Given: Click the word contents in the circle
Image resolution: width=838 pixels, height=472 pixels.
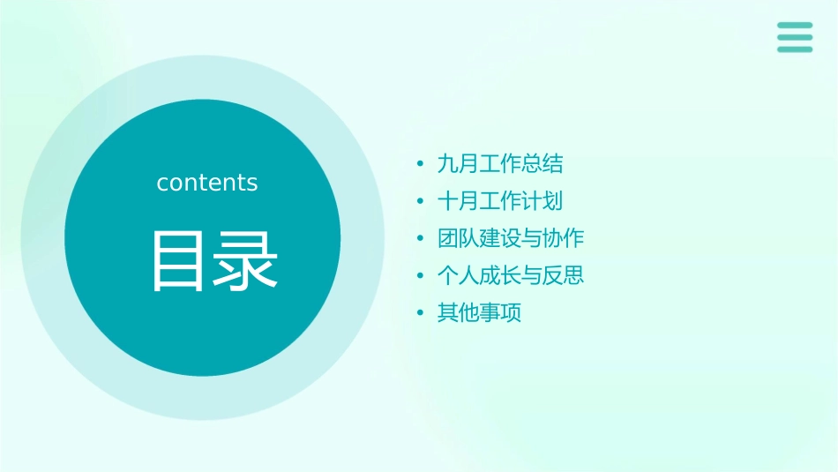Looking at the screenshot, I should click(x=207, y=183).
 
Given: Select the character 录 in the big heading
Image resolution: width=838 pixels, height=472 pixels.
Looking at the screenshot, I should click(x=243, y=260).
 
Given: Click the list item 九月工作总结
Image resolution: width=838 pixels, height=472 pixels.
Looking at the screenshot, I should click(x=500, y=164).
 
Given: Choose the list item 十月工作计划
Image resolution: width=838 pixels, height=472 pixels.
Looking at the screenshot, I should click(x=500, y=201).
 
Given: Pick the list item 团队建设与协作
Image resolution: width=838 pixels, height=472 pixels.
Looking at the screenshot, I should click(x=511, y=238).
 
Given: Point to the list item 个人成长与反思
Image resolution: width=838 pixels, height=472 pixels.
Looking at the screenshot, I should click(x=511, y=275).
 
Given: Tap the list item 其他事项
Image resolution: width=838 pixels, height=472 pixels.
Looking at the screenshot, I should click(x=479, y=313).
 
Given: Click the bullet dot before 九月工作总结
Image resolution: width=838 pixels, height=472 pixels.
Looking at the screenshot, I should click(x=421, y=165).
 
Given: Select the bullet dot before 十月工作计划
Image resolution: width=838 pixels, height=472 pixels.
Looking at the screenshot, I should click(x=421, y=202).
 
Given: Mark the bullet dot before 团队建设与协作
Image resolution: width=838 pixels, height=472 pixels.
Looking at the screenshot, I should click(x=421, y=239).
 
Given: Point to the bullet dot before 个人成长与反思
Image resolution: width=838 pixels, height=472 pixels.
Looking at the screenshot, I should click(x=421, y=276).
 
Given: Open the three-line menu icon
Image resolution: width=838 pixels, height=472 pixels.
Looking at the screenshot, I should click(x=795, y=37).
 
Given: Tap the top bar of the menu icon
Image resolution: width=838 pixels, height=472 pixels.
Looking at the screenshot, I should click(x=795, y=26).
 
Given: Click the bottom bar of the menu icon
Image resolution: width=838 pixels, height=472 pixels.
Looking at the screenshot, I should click(x=795, y=49).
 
